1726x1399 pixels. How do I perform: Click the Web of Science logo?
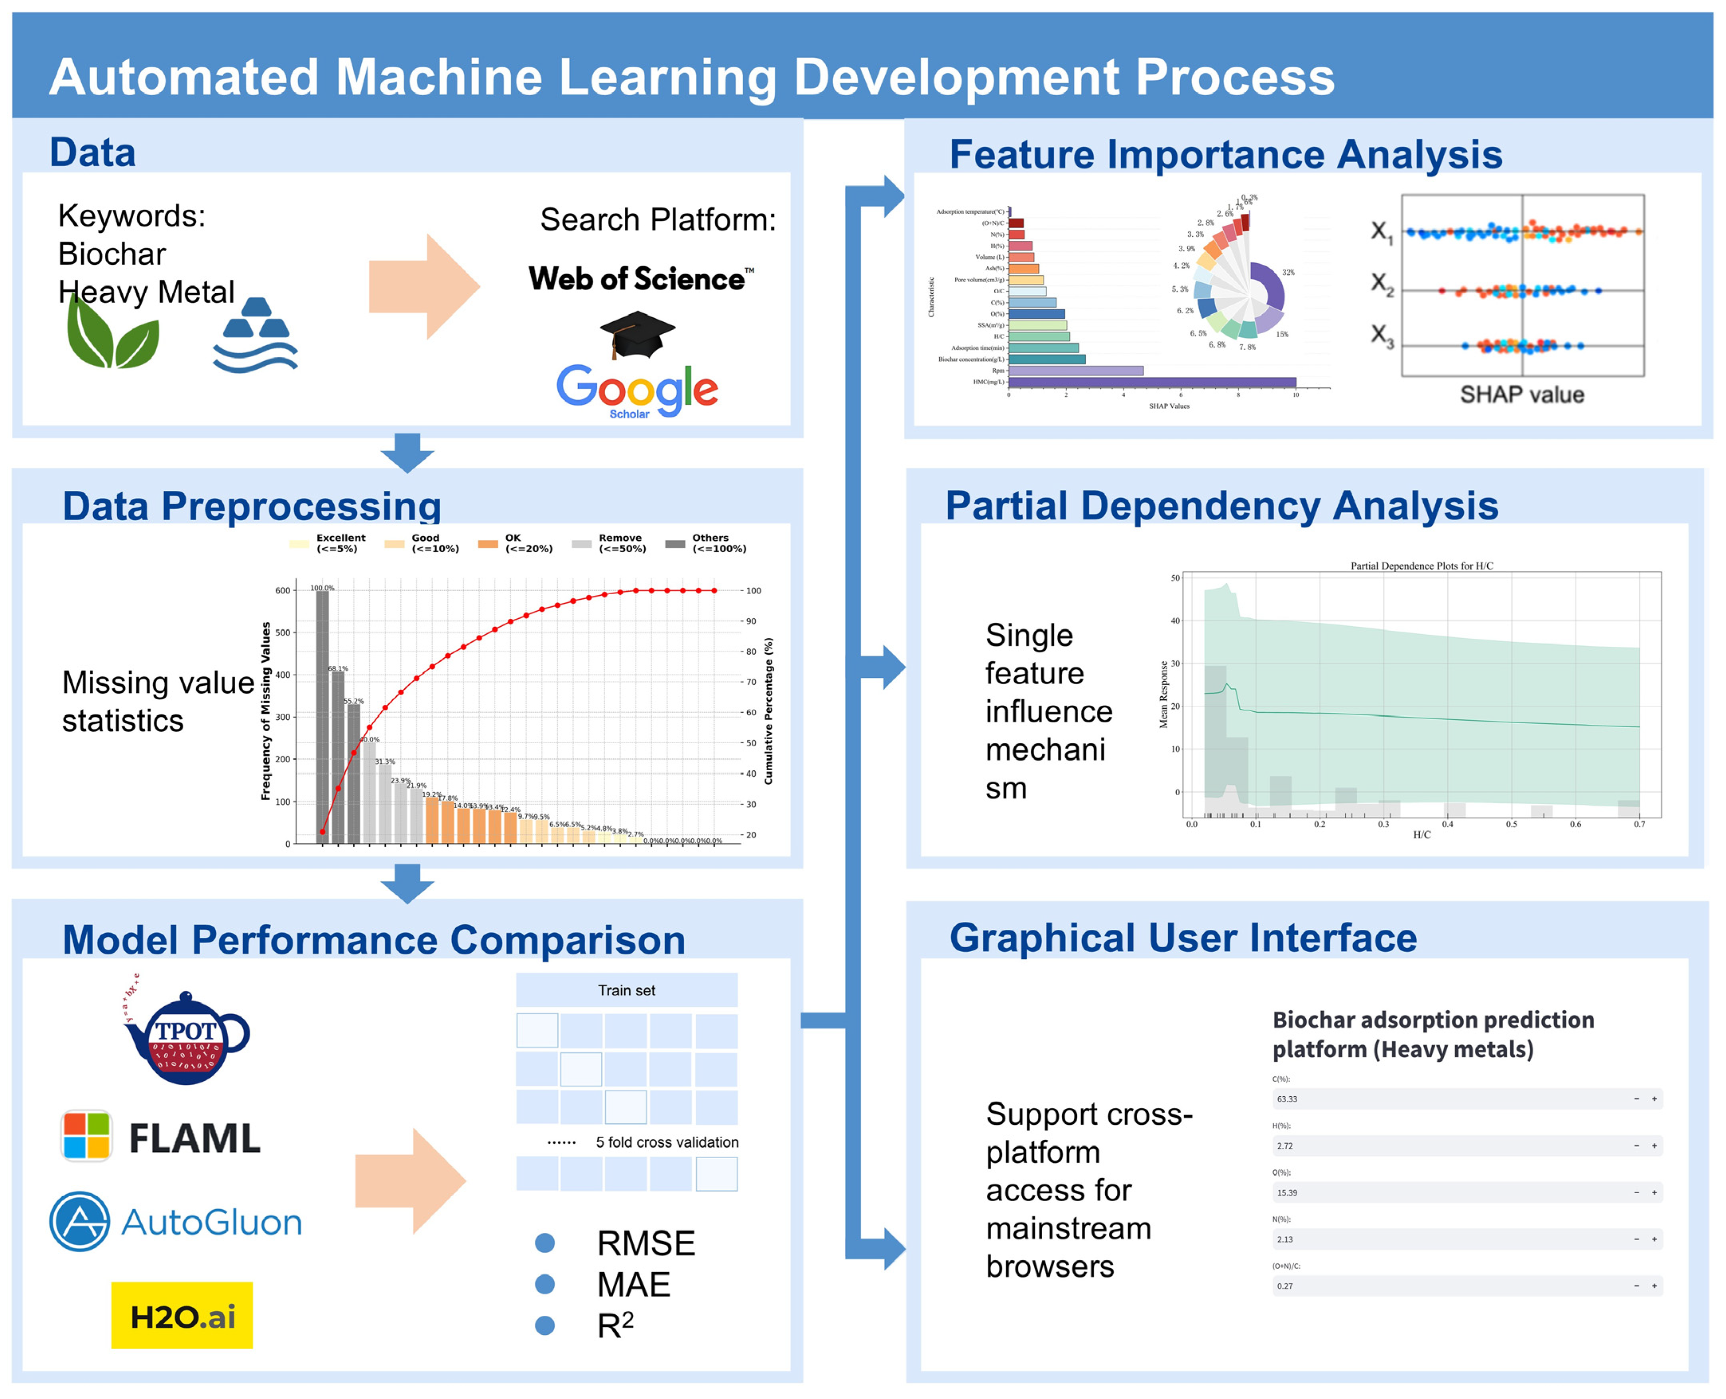point(641,279)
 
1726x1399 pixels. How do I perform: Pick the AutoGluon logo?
point(176,1222)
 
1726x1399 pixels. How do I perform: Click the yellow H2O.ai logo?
point(182,1317)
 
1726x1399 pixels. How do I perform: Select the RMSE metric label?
point(646,1244)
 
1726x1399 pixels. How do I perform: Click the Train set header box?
point(626,990)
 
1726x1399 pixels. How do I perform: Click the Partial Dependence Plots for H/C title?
point(1421,566)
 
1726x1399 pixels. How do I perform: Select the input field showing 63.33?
point(1450,1098)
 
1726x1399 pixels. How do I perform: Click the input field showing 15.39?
point(1450,1192)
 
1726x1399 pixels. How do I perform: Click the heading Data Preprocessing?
point(252,506)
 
